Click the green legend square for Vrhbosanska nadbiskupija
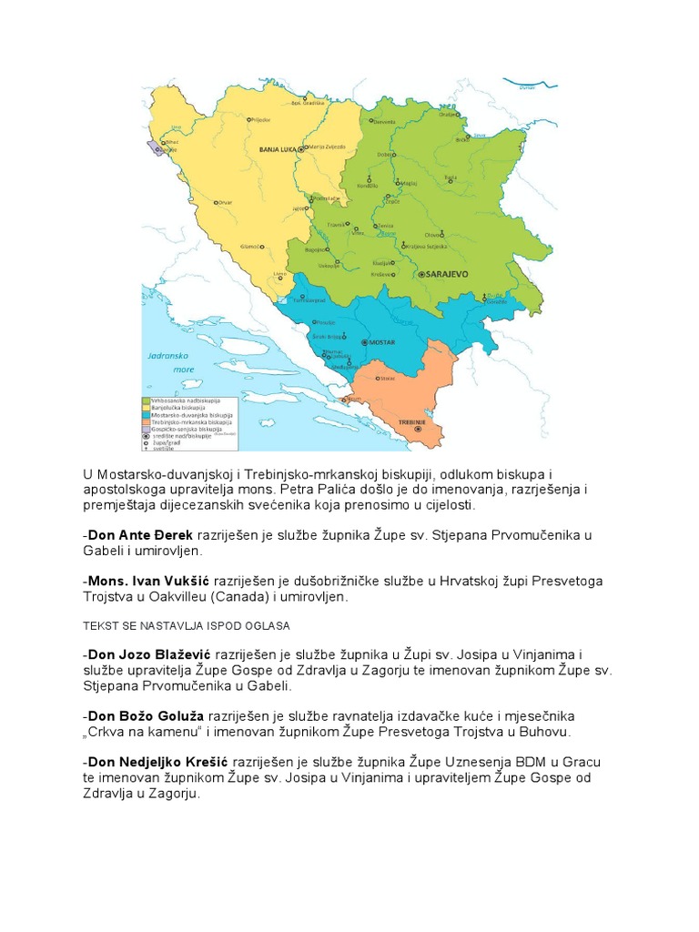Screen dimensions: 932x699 coord(146,400)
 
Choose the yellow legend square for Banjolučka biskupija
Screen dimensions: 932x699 coord(146,408)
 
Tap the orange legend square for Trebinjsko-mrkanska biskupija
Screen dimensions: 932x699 coord(146,422)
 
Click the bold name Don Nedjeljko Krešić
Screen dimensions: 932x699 coord(155,761)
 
